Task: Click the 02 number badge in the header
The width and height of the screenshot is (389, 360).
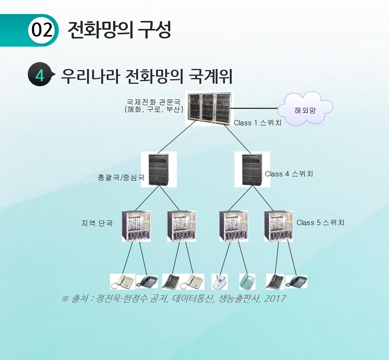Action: (x=42, y=30)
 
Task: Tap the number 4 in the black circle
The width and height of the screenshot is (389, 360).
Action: (x=40, y=75)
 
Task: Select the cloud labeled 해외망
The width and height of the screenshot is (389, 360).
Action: (x=305, y=109)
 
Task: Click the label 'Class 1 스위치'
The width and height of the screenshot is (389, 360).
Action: (x=257, y=123)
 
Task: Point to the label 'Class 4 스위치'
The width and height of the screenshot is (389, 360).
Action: (x=289, y=174)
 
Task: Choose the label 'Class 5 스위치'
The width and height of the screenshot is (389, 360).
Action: (x=320, y=222)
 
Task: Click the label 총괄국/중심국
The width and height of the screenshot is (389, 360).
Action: (x=121, y=178)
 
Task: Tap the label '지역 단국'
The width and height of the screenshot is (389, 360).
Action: (x=97, y=223)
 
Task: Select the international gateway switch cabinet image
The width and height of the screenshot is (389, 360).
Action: (x=209, y=109)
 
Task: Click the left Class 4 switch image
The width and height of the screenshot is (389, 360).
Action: (x=159, y=169)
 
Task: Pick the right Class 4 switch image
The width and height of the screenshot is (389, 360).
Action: (x=252, y=169)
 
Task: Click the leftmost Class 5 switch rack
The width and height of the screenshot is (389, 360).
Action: (x=136, y=226)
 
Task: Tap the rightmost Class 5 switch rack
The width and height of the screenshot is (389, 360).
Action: (x=279, y=226)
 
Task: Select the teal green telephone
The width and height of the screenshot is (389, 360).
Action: (x=247, y=282)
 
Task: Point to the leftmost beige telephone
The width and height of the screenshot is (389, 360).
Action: (x=122, y=282)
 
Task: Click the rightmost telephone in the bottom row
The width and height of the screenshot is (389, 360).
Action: (x=296, y=282)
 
